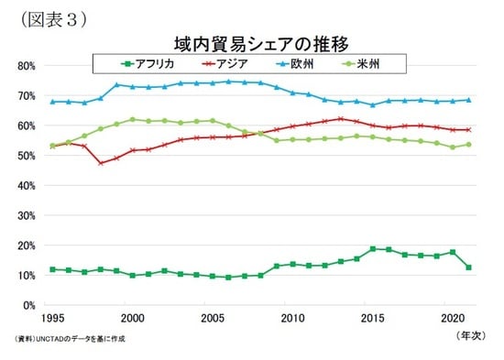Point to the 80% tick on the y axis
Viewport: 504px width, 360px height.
point(25,66)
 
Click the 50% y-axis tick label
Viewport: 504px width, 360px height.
point(25,156)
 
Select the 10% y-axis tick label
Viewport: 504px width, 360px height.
point(25,276)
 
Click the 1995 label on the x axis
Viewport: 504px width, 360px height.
point(53,318)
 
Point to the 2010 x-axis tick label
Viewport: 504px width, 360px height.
point(293,318)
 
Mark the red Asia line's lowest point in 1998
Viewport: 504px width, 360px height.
point(101,163)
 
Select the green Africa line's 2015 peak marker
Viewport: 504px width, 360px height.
point(373,248)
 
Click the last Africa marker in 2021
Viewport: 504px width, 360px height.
point(469,267)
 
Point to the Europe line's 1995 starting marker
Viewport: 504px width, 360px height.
point(53,102)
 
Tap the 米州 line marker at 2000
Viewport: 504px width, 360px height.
point(133,120)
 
